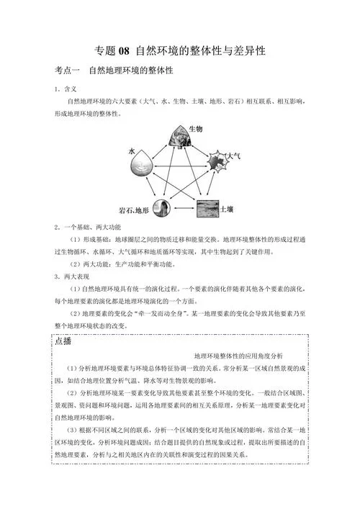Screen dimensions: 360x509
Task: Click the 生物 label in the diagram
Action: (x=195, y=128)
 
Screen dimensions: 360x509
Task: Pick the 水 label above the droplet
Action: (x=132, y=152)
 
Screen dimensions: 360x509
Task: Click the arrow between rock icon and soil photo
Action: (x=183, y=210)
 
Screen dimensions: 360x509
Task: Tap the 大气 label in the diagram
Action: (x=233, y=155)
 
